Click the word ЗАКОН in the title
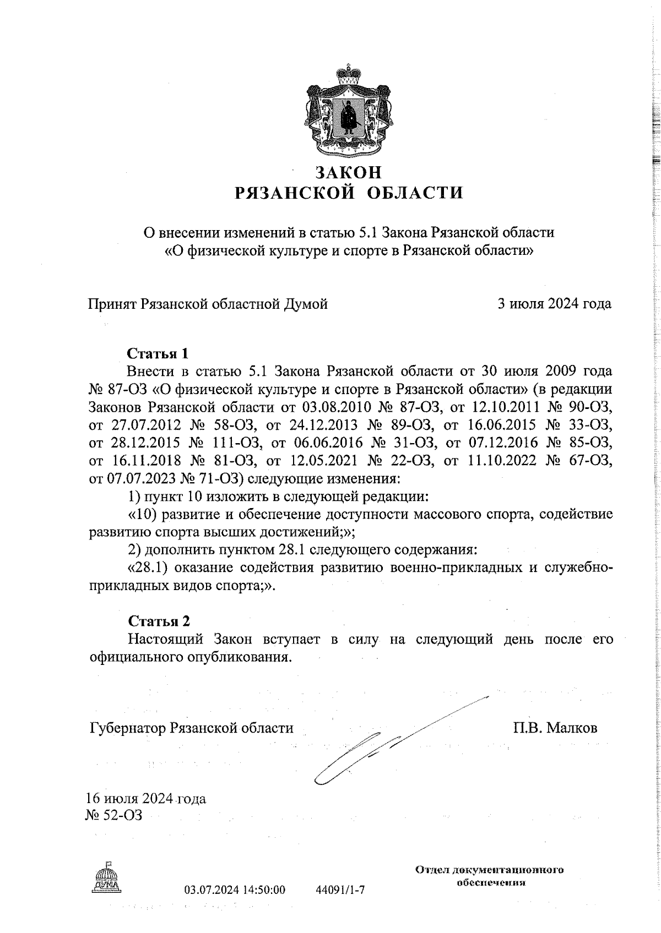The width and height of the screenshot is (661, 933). [348, 173]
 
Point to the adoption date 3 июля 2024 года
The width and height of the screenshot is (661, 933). [554, 304]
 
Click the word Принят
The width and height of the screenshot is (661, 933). [113, 304]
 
